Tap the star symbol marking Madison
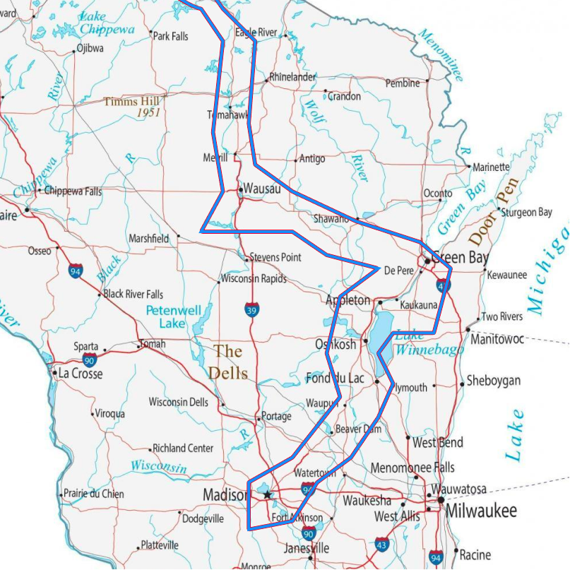click(267, 495)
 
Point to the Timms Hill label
click(131, 102)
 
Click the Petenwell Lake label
click(174, 316)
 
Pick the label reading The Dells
click(228, 361)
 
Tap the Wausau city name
click(261, 189)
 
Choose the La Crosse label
click(80, 373)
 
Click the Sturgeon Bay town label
click(526, 212)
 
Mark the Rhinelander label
click(292, 77)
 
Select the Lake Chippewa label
click(106, 23)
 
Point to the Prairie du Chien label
click(93, 494)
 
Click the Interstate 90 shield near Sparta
click(89, 360)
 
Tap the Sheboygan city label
click(493, 381)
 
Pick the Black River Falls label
click(133, 294)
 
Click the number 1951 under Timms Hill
click(148, 113)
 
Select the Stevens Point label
click(275, 257)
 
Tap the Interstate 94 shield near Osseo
click(75, 271)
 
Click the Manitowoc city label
click(497, 340)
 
